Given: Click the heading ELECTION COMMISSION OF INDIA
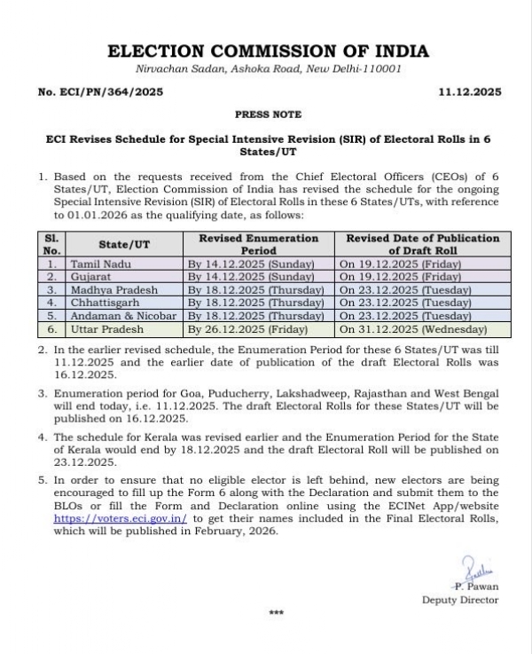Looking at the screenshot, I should [267, 51].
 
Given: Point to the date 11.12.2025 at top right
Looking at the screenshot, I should [469, 92].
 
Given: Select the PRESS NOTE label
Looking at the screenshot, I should [268, 114].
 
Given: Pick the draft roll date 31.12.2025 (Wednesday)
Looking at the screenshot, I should [413, 328].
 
